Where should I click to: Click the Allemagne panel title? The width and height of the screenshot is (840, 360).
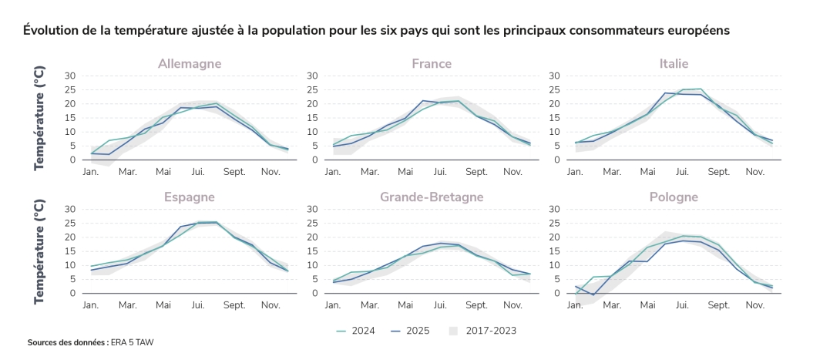pyautogui.click(x=190, y=63)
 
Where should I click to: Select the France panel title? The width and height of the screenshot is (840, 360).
pyautogui.click(x=432, y=63)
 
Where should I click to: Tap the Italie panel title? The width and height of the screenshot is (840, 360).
pyautogui.click(x=674, y=63)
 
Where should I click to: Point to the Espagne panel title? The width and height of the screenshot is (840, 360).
pyautogui.click(x=190, y=197)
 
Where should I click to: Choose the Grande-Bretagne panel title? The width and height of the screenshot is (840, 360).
pyautogui.click(x=432, y=197)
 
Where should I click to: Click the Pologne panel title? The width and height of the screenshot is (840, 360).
pyautogui.click(x=674, y=197)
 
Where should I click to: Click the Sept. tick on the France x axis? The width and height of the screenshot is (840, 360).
pyautogui.click(x=476, y=172)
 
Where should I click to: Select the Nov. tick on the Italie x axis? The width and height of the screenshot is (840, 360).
pyautogui.click(x=754, y=172)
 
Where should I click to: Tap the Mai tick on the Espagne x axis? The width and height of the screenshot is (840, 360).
pyautogui.click(x=163, y=305)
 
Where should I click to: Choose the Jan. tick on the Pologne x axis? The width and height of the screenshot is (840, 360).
pyautogui.click(x=575, y=305)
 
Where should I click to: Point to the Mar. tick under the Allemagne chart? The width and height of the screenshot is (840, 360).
pyautogui.click(x=127, y=172)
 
